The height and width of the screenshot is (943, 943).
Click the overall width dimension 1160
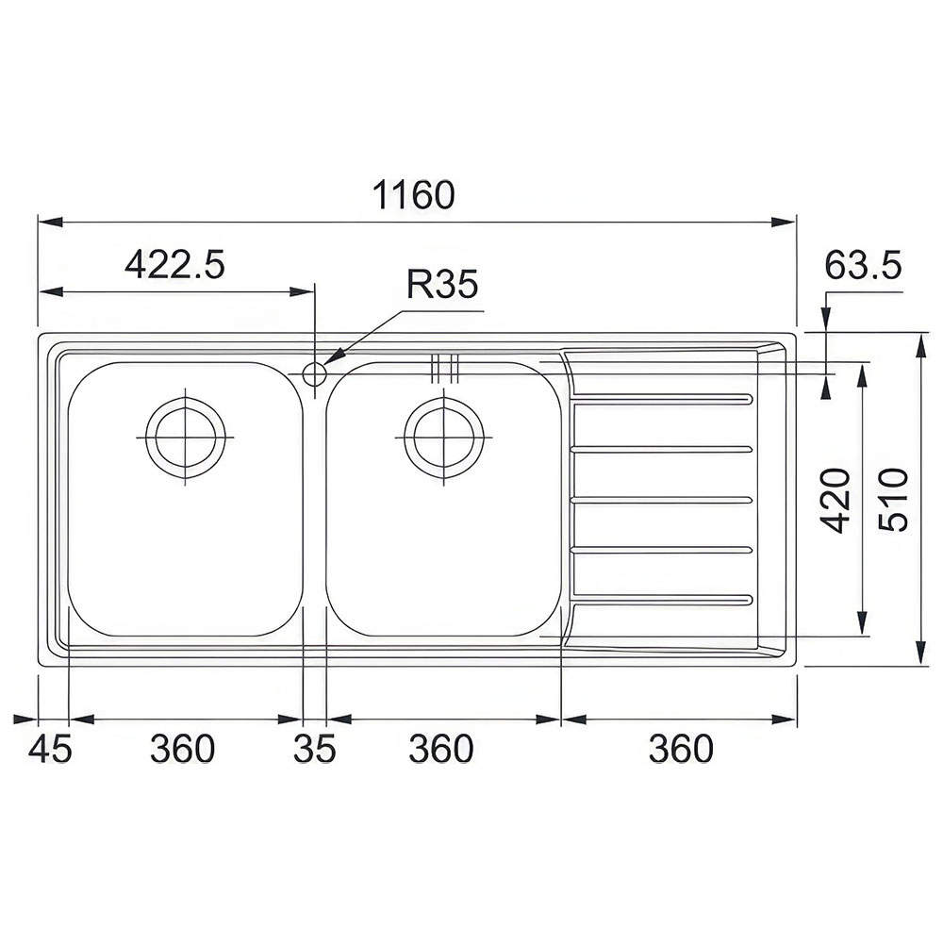414,194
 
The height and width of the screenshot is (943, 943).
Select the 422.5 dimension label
174,265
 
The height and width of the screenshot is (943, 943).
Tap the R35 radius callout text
442,284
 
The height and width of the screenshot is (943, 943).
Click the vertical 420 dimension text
836,501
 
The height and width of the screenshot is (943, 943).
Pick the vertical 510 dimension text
892,499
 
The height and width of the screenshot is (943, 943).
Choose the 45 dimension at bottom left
50,750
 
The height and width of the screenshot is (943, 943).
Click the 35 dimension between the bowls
315,750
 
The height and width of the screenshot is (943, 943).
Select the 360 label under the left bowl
182,750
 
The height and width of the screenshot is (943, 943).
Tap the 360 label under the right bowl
440,750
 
